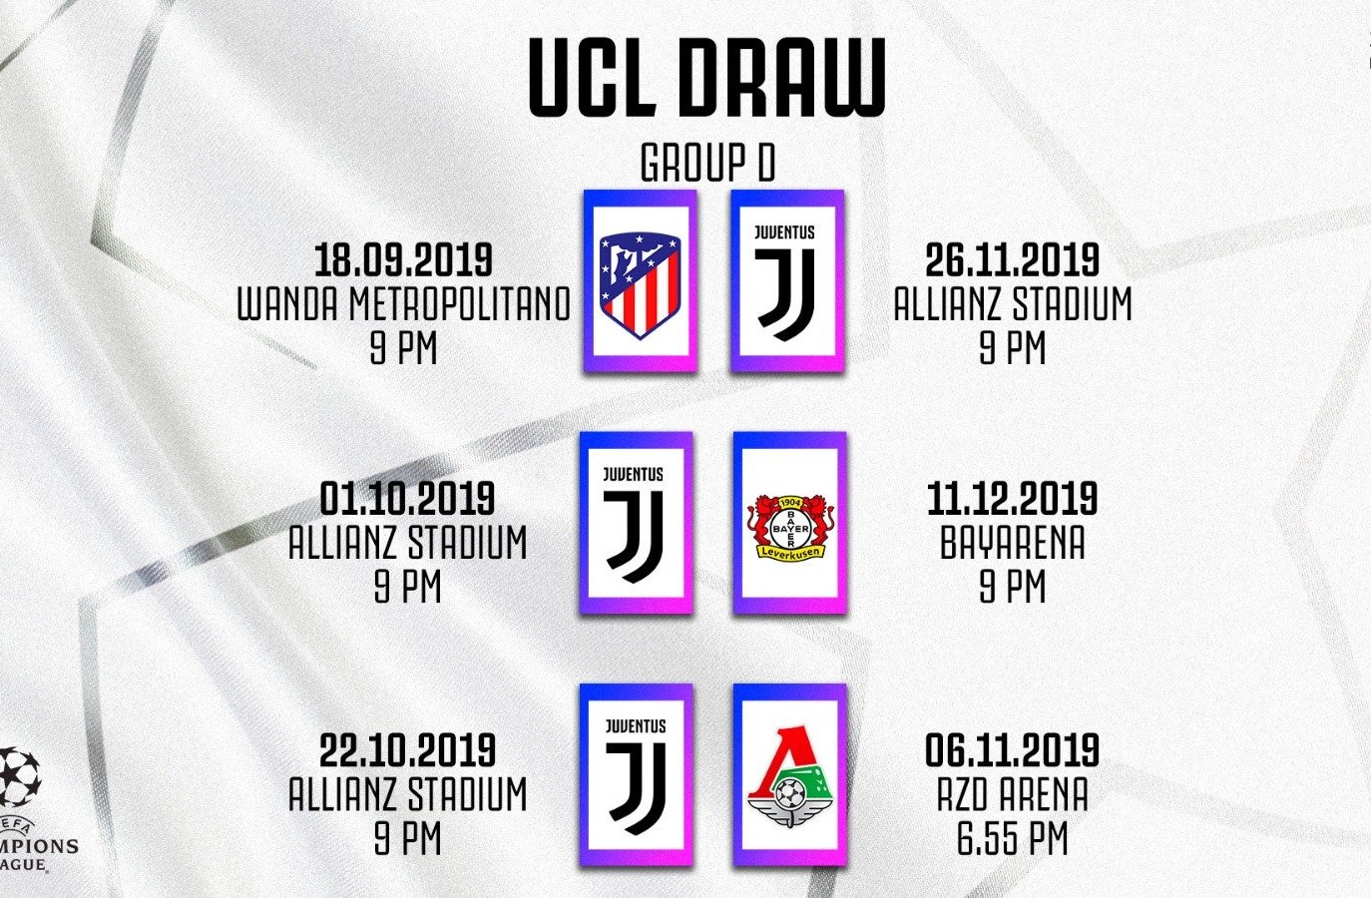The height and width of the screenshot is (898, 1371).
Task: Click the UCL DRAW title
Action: coord(706,77)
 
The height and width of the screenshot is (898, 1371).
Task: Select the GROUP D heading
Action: coord(707,163)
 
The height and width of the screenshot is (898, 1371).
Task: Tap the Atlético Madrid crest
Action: coord(641,284)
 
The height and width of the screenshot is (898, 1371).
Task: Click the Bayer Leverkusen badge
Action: coord(790,527)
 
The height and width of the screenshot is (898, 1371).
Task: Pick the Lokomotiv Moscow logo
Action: coord(790,776)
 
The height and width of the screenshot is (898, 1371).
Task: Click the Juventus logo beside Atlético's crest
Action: coord(784,282)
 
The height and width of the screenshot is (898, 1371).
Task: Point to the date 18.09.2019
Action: coord(403,259)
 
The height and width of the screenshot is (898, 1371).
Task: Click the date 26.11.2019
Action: coord(1013,259)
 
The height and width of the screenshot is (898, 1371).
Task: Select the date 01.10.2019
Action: coord(407,498)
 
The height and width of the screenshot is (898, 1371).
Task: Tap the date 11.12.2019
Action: coord(1013,498)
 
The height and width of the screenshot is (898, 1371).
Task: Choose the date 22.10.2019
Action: coord(407,750)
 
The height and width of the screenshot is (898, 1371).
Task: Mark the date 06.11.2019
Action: coord(1013,750)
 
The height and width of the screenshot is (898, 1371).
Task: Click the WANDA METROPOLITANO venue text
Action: coord(404,303)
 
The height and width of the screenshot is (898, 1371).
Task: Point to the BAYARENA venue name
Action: coord(1013,543)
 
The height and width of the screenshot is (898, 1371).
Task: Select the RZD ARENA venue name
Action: coord(1013,794)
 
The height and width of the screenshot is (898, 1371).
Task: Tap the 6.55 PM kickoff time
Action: coord(1013,838)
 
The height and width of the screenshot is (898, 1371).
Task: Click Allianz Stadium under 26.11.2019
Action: coord(1013,303)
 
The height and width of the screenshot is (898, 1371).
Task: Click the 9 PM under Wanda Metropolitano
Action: coord(404,347)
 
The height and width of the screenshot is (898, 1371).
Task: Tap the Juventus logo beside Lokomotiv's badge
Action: coord(636,777)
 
